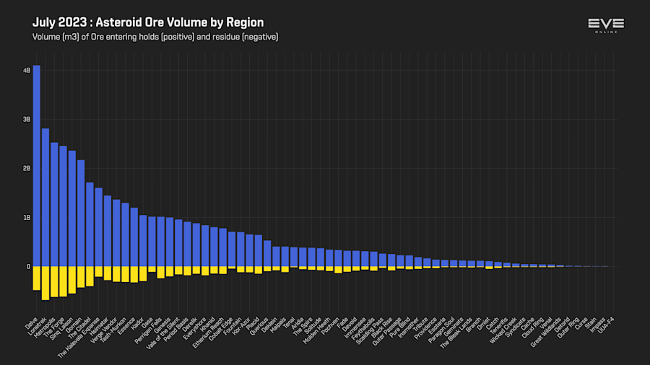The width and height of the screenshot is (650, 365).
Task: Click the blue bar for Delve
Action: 36,166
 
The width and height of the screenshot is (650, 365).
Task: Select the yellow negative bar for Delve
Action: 36,278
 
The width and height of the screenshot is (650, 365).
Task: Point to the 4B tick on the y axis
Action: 27,71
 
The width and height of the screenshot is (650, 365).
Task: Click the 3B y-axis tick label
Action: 27,120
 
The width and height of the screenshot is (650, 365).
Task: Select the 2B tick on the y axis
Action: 27,169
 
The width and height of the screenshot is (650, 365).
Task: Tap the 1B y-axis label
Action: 27,218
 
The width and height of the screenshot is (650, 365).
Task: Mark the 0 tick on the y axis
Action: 28,267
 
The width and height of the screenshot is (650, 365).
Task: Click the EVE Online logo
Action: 606,26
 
